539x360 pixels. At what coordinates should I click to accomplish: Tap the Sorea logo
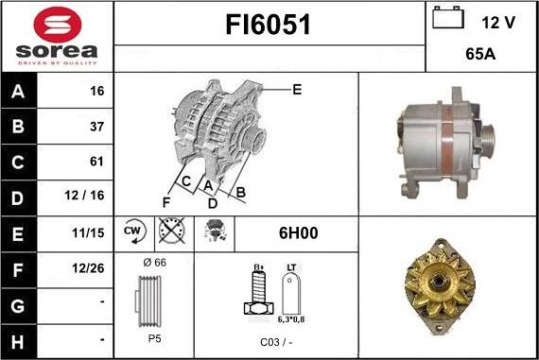[x=56, y=36]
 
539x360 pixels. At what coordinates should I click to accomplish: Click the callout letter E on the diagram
[x=296, y=90]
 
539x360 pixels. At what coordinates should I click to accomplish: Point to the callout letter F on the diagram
[x=166, y=202]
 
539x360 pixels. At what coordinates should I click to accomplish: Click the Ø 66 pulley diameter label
[x=153, y=262]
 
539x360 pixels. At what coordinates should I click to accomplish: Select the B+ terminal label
[x=257, y=268]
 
